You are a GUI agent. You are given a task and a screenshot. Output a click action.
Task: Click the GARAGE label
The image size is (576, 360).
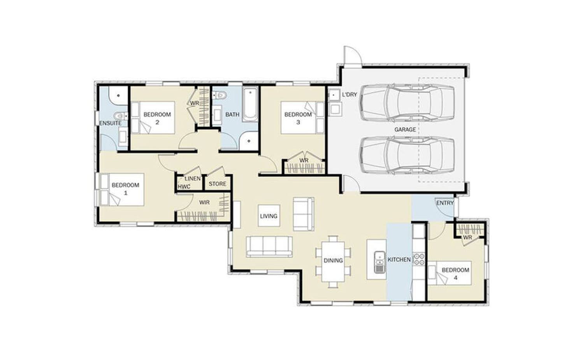(x=405, y=130)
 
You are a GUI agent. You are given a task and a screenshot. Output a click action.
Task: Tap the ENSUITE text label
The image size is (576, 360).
(x=110, y=123)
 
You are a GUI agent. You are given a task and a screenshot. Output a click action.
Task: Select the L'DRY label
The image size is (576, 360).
(x=349, y=95)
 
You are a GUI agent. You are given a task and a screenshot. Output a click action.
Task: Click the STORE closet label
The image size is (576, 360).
(x=218, y=184)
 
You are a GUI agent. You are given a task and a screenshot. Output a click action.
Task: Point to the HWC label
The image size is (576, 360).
(x=184, y=187)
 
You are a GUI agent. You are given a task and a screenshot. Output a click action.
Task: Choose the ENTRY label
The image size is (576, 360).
(x=445, y=203)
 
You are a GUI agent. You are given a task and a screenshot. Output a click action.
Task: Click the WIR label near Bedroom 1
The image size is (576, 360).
(x=204, y=202)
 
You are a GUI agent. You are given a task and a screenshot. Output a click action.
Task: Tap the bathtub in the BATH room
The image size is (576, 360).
(x=250, y=104)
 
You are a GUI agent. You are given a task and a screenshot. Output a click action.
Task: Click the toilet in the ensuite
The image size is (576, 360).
(x=121, y=116)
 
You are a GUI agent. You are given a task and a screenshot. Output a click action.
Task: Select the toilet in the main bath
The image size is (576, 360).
(x=220, y=96)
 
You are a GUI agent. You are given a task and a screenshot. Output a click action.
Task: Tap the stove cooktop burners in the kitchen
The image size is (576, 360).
(x=419, y=259)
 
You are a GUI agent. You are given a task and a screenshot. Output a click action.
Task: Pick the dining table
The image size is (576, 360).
(x=333, y=262)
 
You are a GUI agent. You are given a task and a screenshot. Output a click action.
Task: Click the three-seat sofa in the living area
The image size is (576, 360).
(x=269, y=247)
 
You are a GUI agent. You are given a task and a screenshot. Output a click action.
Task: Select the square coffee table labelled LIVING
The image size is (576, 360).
(x=269, y=216)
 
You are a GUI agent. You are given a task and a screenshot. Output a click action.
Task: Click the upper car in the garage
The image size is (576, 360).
(x=407, y=103)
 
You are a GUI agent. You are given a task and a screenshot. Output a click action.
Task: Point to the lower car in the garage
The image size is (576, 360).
(x=407, y=156)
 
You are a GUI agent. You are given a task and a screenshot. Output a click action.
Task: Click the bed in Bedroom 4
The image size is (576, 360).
(x=450, y=273)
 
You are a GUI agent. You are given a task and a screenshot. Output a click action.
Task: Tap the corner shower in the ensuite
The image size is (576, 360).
(x=118, y=96)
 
